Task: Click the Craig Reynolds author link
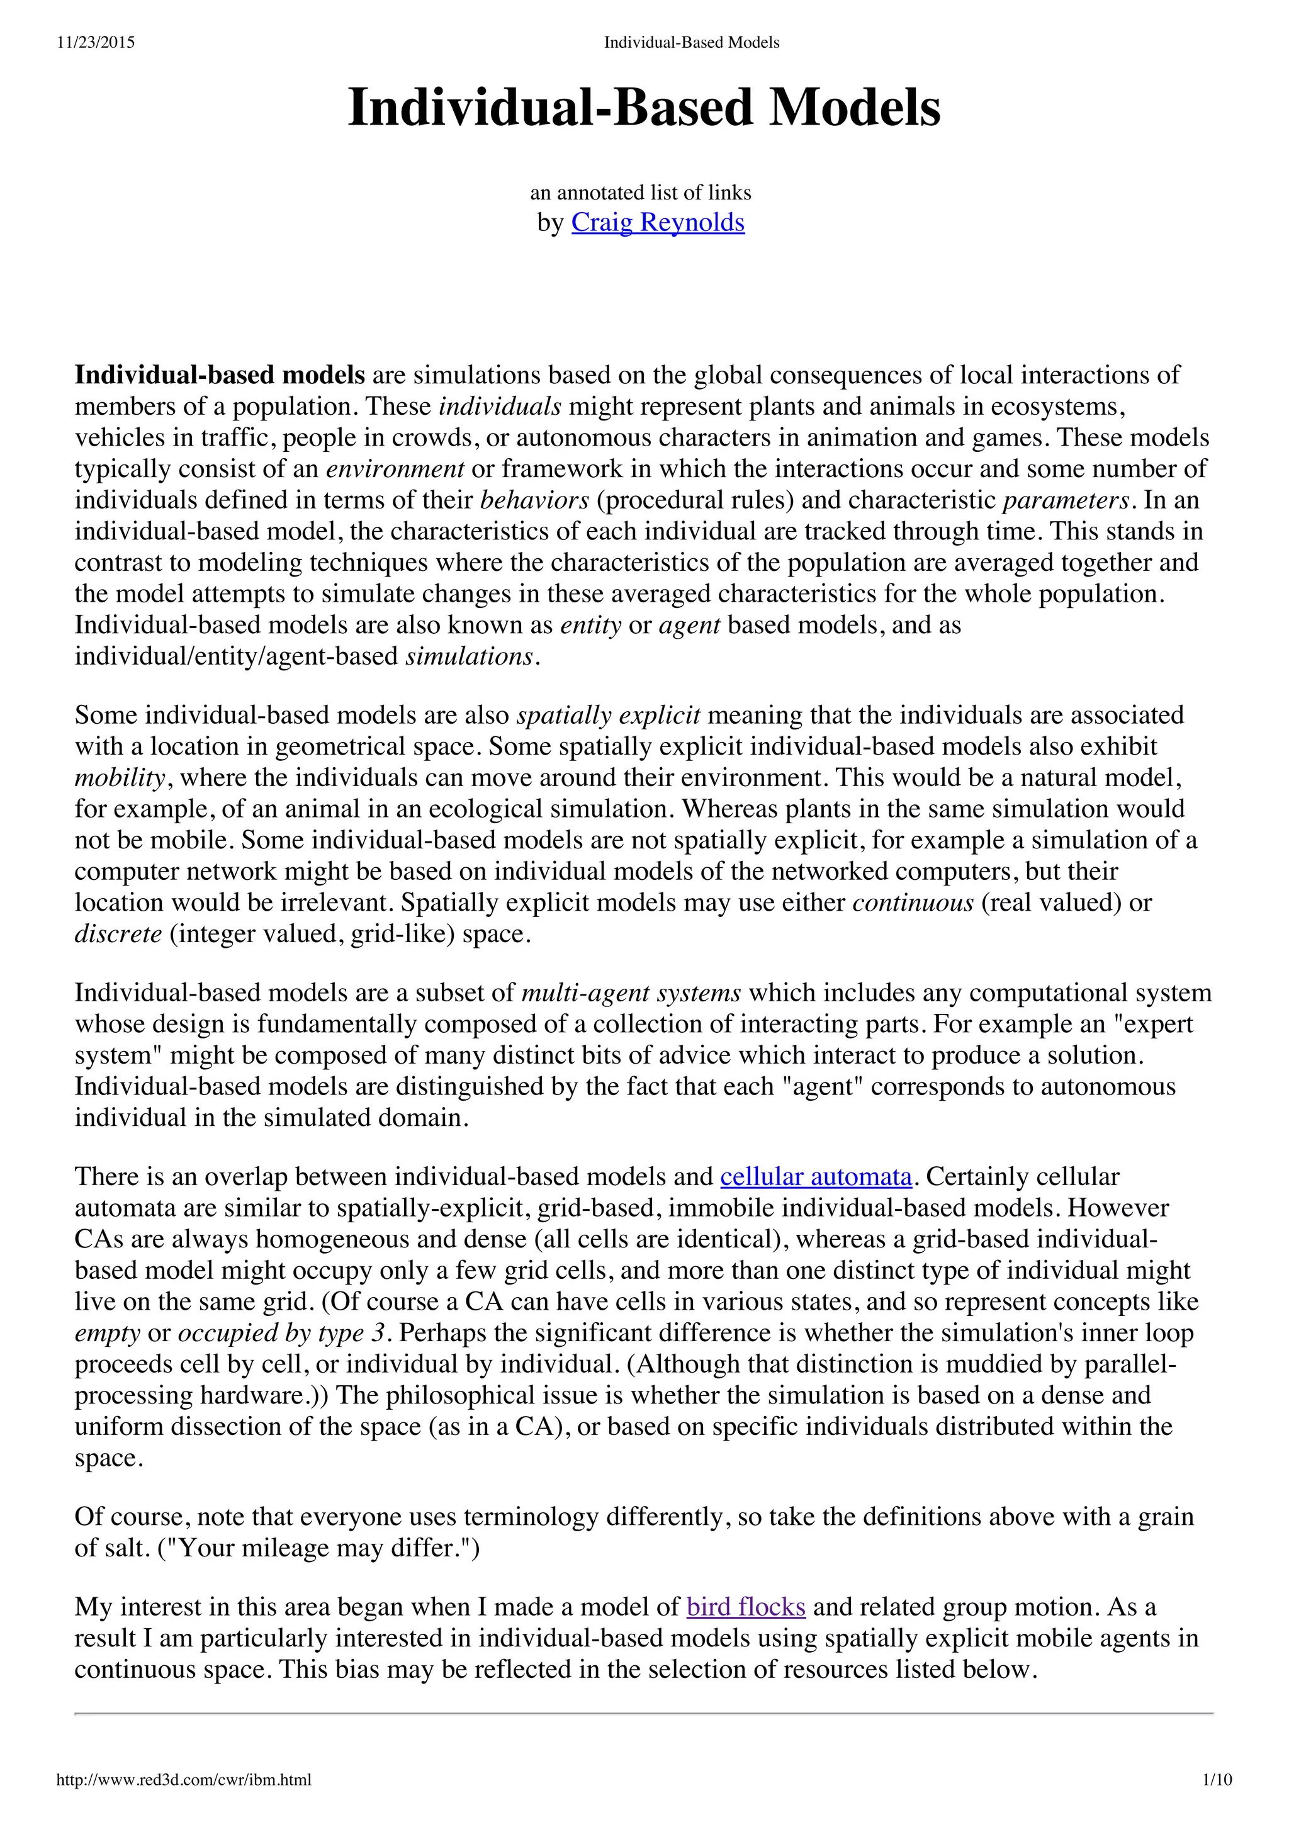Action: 657,223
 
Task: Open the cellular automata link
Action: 816,1177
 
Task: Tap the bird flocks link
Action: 745,1607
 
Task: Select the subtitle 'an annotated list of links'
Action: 641,193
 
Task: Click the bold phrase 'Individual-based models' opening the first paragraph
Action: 220,375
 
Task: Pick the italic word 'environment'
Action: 395,469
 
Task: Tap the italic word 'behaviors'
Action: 534,501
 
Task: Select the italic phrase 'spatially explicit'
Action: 608,716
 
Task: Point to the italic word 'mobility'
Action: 119,778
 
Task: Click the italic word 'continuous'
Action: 913,903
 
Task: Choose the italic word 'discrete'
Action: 118,934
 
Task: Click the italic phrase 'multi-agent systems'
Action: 631,994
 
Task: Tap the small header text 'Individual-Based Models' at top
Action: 691,43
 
